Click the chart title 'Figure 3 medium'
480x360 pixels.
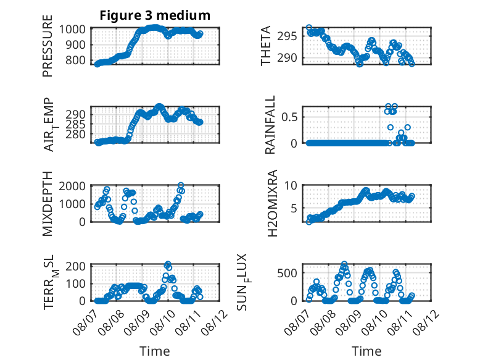pos(155,15)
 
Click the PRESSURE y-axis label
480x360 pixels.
pos(48,46)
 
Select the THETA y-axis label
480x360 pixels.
pos(266,46)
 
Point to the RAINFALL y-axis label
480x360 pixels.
pos(270,125)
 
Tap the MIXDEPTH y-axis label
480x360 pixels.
pos(48,203)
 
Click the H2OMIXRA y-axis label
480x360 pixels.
pos(272,203)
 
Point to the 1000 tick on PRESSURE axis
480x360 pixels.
pos(72,30)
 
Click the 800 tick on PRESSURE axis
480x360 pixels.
pos(76,61)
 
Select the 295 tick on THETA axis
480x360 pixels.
pos(287,36)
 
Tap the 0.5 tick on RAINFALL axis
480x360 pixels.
pos(289,117)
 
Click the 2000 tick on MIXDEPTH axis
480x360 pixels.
pos(72,186)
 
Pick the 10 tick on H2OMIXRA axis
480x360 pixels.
pos(291,185)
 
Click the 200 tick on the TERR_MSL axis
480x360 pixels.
pos(76,266)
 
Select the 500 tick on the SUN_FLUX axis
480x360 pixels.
pos(287,273)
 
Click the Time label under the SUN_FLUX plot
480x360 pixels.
pos(366,351)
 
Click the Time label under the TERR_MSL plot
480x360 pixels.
pos(155,351)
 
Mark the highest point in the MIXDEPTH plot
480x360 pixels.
pos(181,185)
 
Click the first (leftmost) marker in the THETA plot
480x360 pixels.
pos(309,28)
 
